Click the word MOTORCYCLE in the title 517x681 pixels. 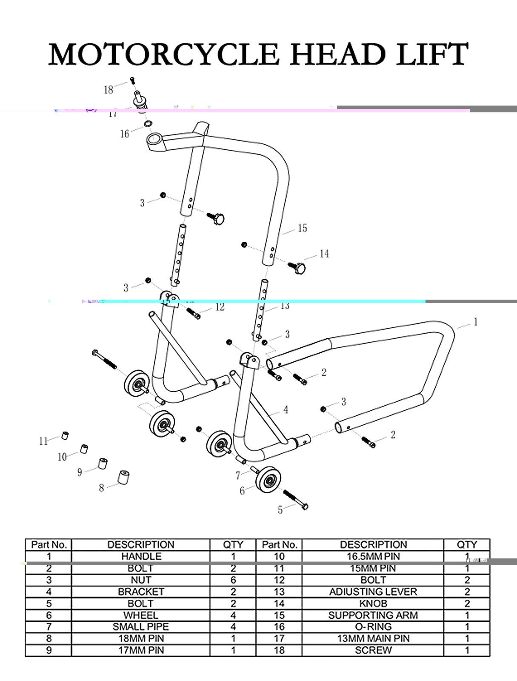point(163,54)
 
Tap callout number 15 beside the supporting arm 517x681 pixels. point(302,229)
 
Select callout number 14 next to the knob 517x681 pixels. point(324,254)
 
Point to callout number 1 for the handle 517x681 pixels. point(475,322)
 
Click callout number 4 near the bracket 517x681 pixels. point(286,410)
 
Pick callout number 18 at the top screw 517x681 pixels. point(109,89)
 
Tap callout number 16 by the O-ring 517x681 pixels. point(124,134)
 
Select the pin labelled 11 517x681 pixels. point(65,435)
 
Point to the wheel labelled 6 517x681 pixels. point(268,480)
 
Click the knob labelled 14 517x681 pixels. point(300,269)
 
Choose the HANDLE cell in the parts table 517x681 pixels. point(141,556)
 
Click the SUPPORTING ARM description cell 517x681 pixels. point(373,615)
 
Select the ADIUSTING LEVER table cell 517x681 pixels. point(373,592)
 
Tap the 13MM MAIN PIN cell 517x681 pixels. point(373,638)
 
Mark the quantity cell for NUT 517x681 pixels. point(233,580)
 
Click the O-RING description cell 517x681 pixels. point(373,627)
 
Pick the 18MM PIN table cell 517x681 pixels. point(141,638)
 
